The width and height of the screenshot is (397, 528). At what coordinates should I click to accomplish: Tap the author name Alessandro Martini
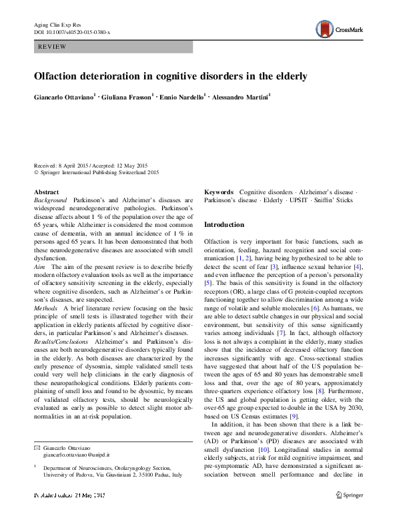click(240, 98)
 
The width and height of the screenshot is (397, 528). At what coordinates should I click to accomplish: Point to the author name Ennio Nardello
click(181, 98)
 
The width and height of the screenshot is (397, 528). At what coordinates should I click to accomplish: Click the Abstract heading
click(46, 192)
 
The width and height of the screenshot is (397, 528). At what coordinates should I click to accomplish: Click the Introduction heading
click(224, 225)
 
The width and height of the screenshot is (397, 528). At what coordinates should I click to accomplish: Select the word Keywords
click(218, 192)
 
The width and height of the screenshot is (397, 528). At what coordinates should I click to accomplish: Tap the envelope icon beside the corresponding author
click(37, 446)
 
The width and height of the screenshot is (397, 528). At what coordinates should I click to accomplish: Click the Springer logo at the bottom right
click(349, 514)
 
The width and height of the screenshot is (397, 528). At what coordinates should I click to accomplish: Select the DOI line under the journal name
click(72, 32)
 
